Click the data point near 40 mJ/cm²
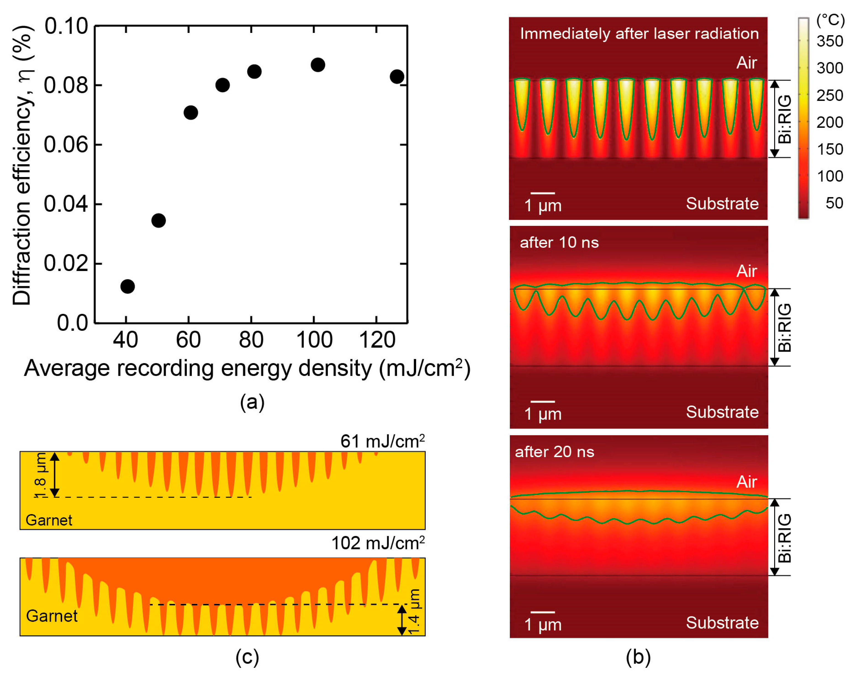coord(127,286)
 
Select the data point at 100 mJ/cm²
coord(318,64)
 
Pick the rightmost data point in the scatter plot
coord(397,76)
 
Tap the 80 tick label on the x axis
coord(251,340)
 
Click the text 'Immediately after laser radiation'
coord(639,34)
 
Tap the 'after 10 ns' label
coord(559,243)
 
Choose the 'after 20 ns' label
coord(554,452)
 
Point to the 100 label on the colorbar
coord(830,176)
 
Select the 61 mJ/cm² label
coord(382,441)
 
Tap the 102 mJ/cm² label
coord(378,543)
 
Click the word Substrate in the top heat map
coord(722,204)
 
